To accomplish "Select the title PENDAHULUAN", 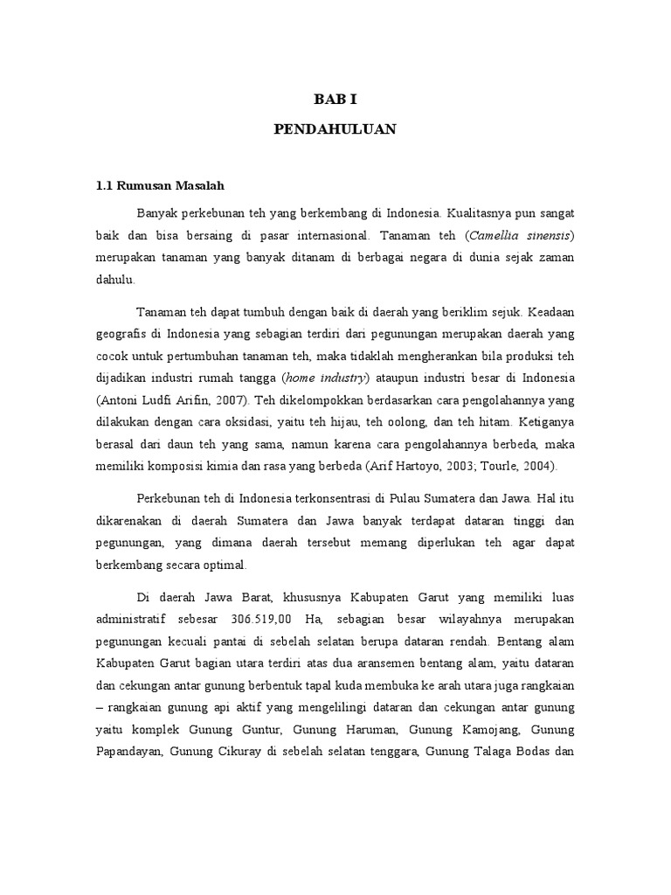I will click(335, 129).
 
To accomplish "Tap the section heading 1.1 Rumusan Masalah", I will click(160, 185).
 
